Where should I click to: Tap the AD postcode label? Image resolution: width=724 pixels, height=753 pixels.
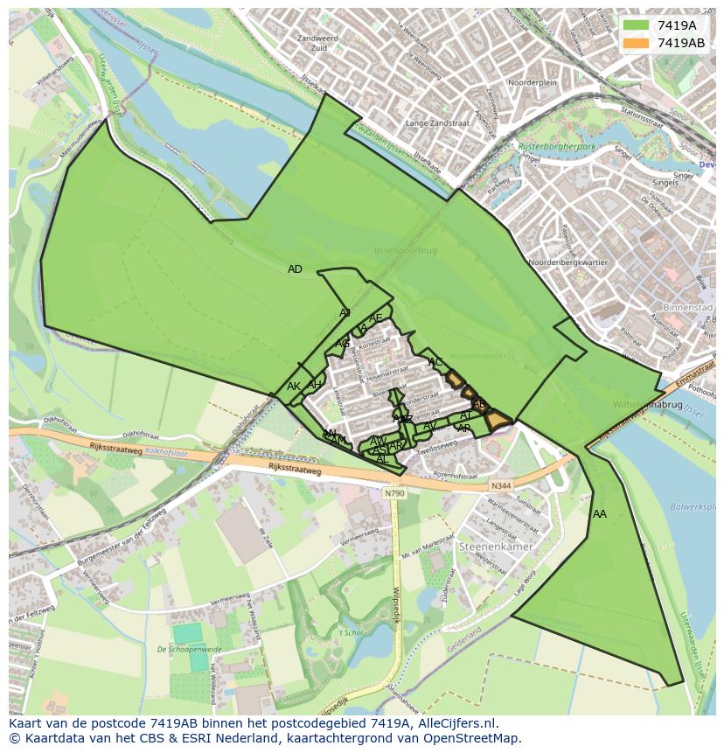[295, 269]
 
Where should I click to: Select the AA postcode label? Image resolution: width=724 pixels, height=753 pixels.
[599, 514]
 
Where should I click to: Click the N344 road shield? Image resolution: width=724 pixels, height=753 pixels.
[500, 486]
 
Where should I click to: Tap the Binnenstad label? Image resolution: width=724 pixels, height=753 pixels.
[688, 309]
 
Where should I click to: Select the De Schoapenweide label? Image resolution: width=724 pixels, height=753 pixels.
[188, 650]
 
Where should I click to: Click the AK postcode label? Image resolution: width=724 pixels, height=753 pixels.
[294, 387]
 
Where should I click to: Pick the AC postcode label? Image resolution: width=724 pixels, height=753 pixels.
[435, 362]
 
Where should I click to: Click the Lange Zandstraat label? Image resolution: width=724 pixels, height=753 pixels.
[437, 124]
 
